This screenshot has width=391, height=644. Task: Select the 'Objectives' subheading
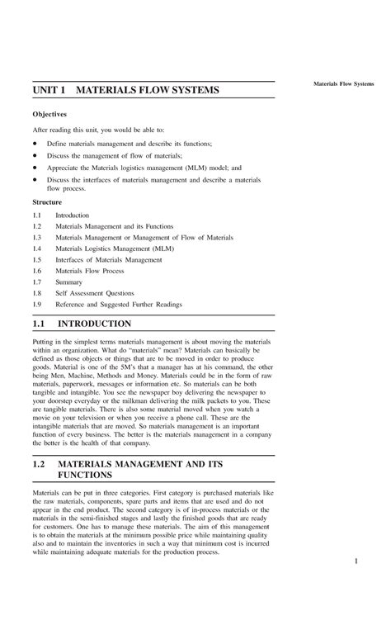coord(49,114)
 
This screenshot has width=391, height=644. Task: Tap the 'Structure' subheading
coord(47,201)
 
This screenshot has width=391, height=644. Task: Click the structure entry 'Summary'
coord(69,282)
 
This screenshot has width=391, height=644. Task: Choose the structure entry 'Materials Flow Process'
coord(89,271)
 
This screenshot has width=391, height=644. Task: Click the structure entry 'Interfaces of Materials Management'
coord(108,259)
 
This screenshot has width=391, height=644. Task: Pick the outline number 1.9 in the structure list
coord(37,304)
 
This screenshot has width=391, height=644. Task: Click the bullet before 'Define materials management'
coord(35,143)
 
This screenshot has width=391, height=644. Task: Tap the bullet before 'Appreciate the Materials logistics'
coord(35,166)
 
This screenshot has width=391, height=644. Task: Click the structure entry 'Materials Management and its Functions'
coord(115,225)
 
